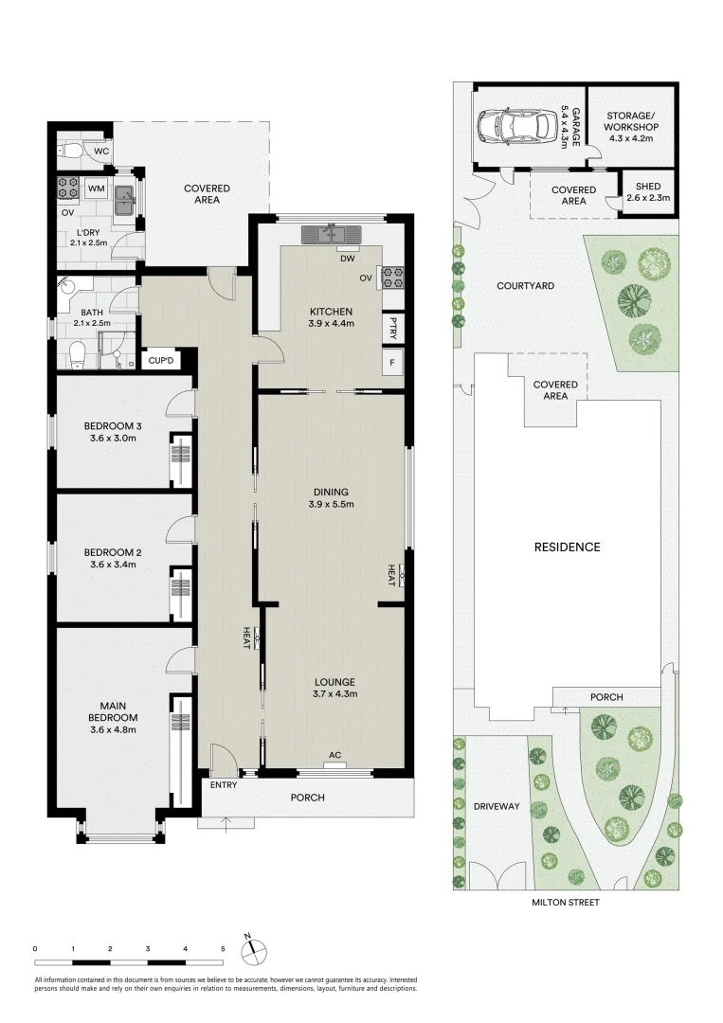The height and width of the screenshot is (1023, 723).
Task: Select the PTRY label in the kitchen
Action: [392, 327]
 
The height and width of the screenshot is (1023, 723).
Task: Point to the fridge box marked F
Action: [392, 361]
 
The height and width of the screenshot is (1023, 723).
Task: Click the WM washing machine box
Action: [96, 188]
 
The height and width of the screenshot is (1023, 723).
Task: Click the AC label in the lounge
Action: [334, 755]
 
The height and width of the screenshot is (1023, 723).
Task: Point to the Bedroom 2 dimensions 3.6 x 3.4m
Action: [112, 565]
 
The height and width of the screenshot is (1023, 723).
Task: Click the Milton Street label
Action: [567, 903]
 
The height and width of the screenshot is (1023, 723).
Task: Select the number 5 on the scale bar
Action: [223, 948]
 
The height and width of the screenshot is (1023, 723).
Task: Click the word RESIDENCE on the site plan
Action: [567, 547]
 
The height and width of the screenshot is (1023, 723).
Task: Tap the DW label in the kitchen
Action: [348, 258]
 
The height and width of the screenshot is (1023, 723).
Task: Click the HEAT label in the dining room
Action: [390, 573]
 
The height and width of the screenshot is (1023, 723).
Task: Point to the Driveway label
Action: [496, 806]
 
